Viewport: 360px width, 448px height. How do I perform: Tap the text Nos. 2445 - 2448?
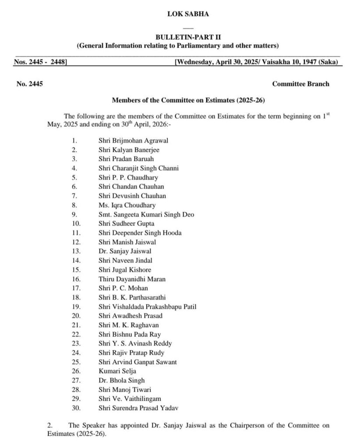coord(40,62)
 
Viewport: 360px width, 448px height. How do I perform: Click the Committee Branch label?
coord(300,84)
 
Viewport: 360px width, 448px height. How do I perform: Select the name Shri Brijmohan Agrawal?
coord(134,140)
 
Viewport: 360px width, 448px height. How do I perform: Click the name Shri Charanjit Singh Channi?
coord(138,168)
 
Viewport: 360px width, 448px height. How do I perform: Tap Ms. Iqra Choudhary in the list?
coord(127,205)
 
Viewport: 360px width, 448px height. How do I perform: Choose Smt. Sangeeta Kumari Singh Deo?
coord(146,214)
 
